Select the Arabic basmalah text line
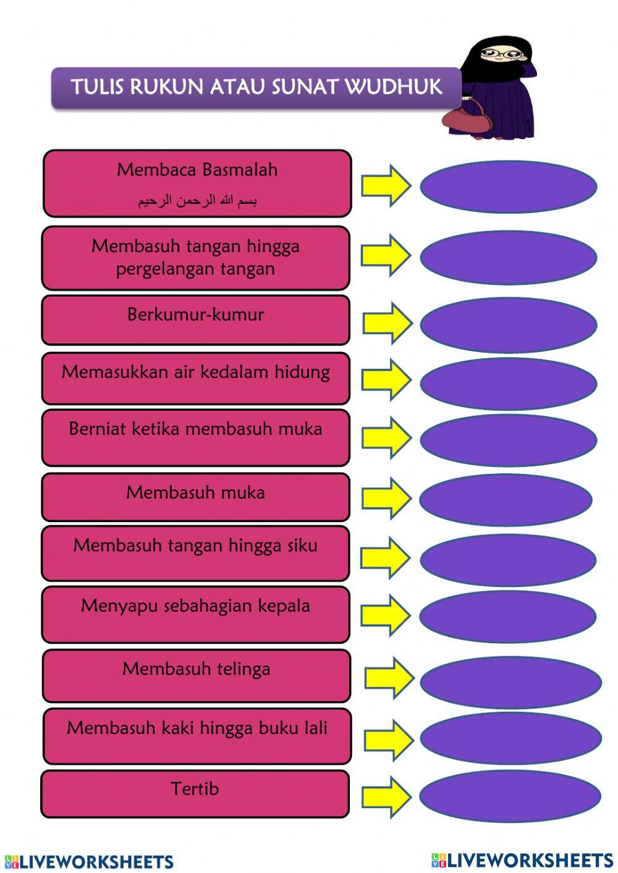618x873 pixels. pos(197,201)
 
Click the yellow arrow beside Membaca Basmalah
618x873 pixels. pos(386,185)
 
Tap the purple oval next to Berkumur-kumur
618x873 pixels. pos(508,324)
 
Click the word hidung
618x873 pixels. pos(302,372)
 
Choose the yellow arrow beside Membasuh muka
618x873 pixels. pos(386,497)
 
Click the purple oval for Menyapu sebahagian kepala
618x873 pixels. pos(508,616)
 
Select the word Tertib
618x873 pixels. pos(195,789)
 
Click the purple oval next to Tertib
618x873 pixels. pos(510,796)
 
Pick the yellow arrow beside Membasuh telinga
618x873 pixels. pos(389,678)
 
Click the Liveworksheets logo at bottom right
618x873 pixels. pos(522,860)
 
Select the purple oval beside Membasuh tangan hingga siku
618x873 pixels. pos(508,559)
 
